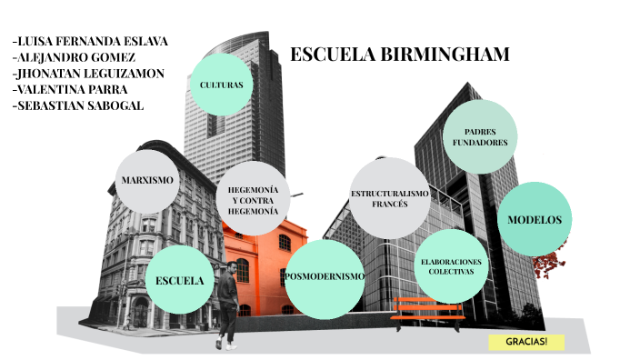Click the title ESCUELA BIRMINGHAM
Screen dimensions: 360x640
tap(400, 55)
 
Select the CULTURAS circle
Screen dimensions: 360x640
tap(221, 85)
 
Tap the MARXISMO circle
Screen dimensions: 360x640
tap(147, 180)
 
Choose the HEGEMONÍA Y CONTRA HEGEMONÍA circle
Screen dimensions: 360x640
tap(253, 199)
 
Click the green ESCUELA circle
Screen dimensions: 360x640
tap(179, 279)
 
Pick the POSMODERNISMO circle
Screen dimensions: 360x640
tap(325, 277)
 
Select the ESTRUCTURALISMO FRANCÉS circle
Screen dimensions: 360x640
tap(390, 198)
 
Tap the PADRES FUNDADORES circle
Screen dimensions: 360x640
tap(479, 137)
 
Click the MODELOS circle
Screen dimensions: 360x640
tap(535, 220)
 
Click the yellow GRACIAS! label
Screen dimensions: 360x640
tap(526, 343)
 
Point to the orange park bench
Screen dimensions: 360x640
tap(427, 310)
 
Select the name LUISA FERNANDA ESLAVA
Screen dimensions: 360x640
tap(91, 41)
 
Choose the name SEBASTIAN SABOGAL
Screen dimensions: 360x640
tap(79, 106)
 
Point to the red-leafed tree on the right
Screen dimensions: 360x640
tap(547, 263)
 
